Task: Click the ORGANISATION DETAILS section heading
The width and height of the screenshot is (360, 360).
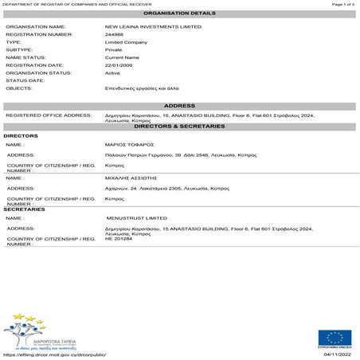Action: [179, 14]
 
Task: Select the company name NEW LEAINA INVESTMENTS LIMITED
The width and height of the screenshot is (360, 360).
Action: [147, 27]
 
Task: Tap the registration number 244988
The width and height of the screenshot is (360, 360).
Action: [115, 35]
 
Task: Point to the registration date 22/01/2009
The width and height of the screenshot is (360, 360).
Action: [120, 65]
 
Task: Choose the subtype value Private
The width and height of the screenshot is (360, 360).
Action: [114, 50]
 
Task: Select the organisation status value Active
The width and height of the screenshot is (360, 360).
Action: [113, 73]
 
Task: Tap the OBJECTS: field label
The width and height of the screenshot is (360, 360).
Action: [19, 88]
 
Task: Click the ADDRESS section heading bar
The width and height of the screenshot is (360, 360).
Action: [179, 106]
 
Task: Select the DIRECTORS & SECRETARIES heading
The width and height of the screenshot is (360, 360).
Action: [179, 127]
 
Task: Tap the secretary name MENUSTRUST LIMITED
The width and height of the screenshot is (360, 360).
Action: [136, 217]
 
